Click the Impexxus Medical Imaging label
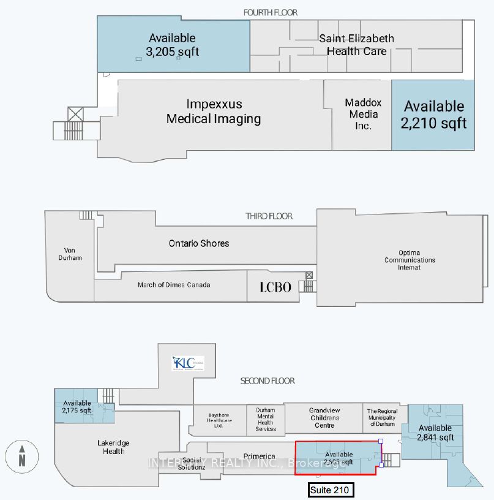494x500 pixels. pyautogui.click(x=214, y=112)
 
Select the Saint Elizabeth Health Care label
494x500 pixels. pyautogui.click(x=356, y=45)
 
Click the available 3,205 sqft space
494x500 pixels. pyautogui.click(x=172, y=45)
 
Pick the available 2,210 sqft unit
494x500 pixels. pyautogui.click(x=433, y=115)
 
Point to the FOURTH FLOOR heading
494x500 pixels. pyautogui.click(x=271, y=12)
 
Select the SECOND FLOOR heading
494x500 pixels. pyautogui.click(x=268, y=381)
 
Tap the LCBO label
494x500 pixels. pyautogui.click(x=275, y=287)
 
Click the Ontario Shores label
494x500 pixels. pyautogui.click(x=199, y=243)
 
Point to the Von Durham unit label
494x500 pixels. pyautogui.click(x=73, y=254)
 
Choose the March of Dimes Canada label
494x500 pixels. pyautogui.click(x=173, y=285)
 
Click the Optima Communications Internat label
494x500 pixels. pyautogui.click(x=410, y=260)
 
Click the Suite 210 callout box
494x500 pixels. pyautogui.click(x=331, y=490)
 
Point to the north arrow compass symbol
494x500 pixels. pyautogui.click(x=21, y=457)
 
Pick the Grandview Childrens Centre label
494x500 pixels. pyautogui.click(x=324, y=417)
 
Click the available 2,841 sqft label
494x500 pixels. pyautogui.click(x=435, y=433)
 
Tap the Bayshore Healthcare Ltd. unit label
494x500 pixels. pyautogui.click(x=219, y=420)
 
